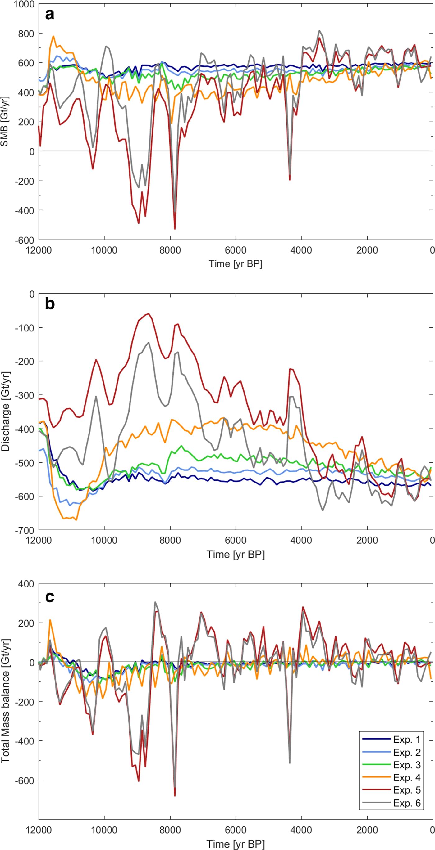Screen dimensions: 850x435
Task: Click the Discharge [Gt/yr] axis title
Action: (x=5, y=412)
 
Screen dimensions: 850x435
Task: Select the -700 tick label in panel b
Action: (x=25, y=530)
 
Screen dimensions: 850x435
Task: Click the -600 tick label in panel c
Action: (x=25, y=780)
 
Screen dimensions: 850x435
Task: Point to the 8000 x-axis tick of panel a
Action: (x=170, y=250)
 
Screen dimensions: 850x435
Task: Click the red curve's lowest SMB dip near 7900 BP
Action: (x=175, y=228)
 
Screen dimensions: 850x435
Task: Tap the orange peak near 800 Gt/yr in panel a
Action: (x=53, y=37)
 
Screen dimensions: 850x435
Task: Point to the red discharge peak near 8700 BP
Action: (x=149, y=314)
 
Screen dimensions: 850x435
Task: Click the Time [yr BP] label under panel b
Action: (x=236, y=554)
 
